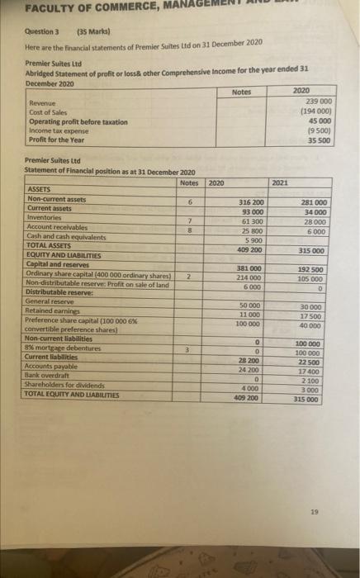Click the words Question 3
pos(32,29)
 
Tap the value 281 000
pos(311,201)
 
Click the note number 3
pos(189,350)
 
